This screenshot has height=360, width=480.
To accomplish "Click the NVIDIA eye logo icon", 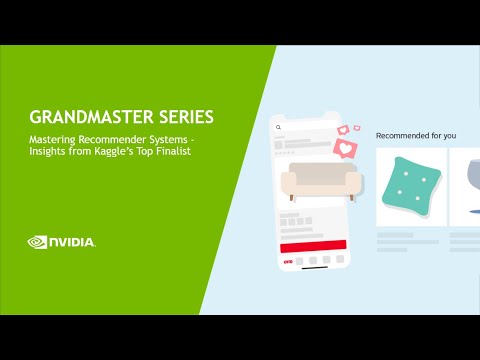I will tap(38, 241).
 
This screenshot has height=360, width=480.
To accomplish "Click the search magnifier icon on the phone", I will tap(279, 128).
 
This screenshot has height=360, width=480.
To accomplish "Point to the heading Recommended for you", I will tap(414, 134).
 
